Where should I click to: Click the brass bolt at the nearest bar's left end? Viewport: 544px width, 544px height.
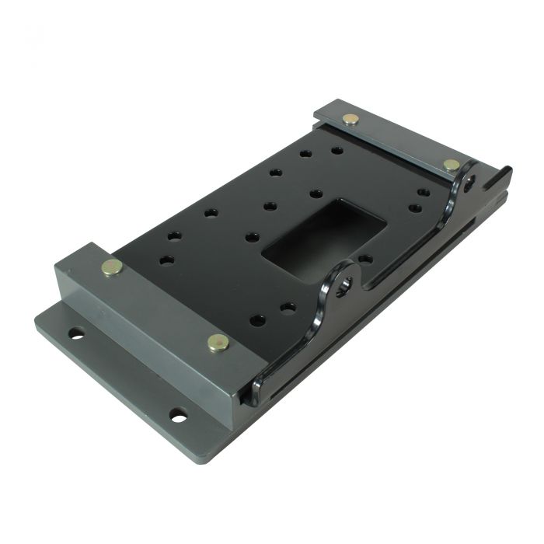(x=112, y=268)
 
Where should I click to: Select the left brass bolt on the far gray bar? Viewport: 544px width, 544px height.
(x=351, y=120)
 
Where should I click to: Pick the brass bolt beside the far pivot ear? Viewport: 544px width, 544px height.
(x=451, y=165)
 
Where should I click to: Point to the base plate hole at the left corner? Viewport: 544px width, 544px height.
(x=76, y=334)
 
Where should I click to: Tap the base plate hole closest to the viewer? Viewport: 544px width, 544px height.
(x=179, y=416)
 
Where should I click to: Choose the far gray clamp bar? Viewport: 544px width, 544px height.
(x=396, y=140)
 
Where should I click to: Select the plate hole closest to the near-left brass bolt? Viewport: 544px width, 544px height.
(x=166, y=260)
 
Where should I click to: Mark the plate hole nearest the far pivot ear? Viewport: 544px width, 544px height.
(x=424, y=192)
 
